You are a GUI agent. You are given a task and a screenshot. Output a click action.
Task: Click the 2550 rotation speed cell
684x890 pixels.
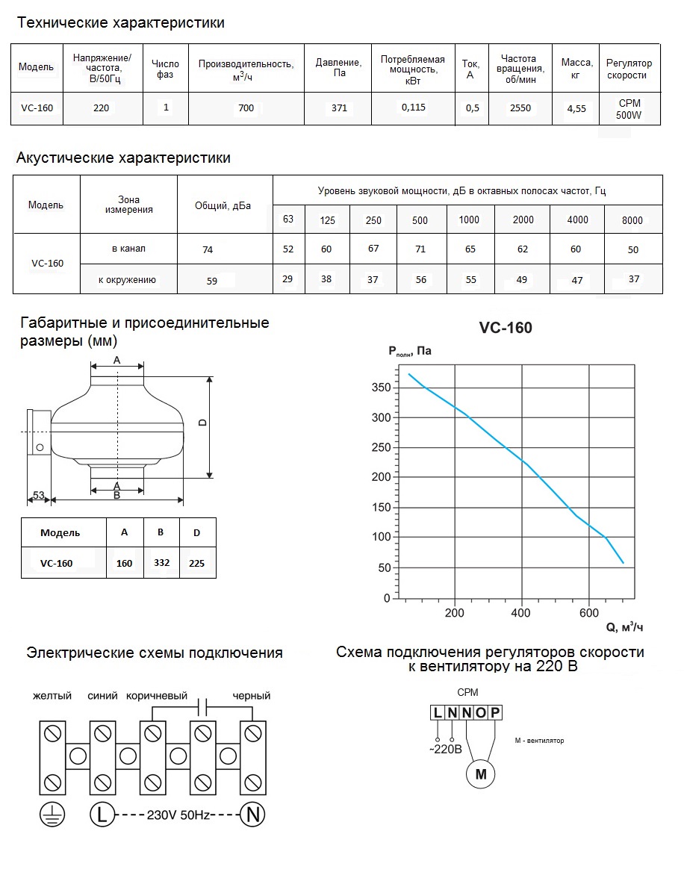tap(520, 108)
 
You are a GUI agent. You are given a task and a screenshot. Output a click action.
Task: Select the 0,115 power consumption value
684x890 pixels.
tap(413, 108)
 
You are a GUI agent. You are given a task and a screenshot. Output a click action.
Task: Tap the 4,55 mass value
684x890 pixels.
tap(576, 109)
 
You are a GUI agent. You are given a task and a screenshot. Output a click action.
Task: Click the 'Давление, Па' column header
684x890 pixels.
tap(339, 68)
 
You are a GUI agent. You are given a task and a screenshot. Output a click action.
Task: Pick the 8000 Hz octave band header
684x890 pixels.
tap(632, 220)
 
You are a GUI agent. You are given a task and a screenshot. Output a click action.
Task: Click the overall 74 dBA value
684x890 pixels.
tap(208, 250)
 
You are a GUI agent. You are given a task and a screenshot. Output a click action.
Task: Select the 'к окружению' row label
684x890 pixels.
tap(127, 280)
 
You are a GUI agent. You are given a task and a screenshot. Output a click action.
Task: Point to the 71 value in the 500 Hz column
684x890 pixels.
tap(420, 249)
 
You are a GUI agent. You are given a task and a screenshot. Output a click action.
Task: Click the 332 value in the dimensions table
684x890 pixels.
tap(161, 562)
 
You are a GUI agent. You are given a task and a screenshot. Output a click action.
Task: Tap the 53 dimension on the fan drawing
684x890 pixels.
tap(39, 495)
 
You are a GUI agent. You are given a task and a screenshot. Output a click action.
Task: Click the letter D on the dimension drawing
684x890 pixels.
tap(202, 423)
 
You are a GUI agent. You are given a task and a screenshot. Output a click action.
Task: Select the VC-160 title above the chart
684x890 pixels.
tap(506, 327)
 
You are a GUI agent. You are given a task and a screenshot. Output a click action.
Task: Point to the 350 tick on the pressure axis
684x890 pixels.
tap(381, 388)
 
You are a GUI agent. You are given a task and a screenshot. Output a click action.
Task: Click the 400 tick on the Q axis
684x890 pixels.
tap(521, 614)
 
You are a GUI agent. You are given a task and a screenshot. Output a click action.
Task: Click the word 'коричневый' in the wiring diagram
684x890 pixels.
tap(156, 696)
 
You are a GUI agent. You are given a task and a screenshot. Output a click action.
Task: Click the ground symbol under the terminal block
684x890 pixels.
tap(52, 815)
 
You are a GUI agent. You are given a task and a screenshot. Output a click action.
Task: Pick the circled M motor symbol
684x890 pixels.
tap(481, 774)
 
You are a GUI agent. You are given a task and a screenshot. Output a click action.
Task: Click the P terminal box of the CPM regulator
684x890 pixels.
tap(495, 713)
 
